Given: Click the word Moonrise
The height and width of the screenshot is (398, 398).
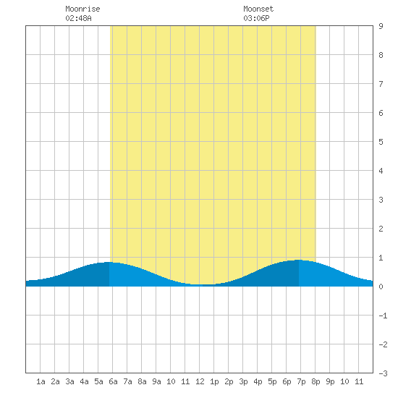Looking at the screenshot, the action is coord(82,9).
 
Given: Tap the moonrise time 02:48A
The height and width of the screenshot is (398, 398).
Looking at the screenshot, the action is coord(78,18).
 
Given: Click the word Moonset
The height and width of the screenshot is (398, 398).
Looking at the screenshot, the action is coord(258,9).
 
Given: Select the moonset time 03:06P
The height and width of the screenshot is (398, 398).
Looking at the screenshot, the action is coord(256,18).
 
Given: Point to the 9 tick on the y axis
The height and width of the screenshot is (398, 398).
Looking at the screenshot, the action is coord(381,26).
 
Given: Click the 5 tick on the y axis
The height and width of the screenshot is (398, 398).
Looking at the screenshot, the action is coord(381,142).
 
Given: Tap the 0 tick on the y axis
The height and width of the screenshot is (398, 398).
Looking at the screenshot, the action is coord(381,287).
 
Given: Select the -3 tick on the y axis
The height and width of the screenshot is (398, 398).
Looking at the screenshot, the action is coord(383,373).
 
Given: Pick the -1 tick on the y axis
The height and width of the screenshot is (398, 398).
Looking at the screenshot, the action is coord(383,316).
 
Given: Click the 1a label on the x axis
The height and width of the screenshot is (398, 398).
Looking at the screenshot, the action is coord(41,381).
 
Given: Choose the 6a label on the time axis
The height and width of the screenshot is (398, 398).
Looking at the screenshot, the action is coord(113,381).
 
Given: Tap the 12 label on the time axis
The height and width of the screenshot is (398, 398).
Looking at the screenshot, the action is coord(200,381).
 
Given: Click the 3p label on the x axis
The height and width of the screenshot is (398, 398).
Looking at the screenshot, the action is coord(243,381).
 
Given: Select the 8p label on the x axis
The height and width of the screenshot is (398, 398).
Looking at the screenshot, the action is coord(316,381).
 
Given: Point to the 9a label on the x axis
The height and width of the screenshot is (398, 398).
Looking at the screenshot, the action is coord(156,381).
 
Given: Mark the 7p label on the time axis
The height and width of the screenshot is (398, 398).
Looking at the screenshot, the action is coord(301,381).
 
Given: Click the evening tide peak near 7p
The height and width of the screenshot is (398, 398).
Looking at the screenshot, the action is coord(299,260).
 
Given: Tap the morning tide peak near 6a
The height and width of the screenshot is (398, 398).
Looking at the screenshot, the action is coord(109,262).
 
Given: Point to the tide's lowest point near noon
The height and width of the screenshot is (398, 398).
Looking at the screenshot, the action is coord(203,284).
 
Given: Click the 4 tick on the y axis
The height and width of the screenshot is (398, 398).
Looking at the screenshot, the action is coord(381,171).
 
